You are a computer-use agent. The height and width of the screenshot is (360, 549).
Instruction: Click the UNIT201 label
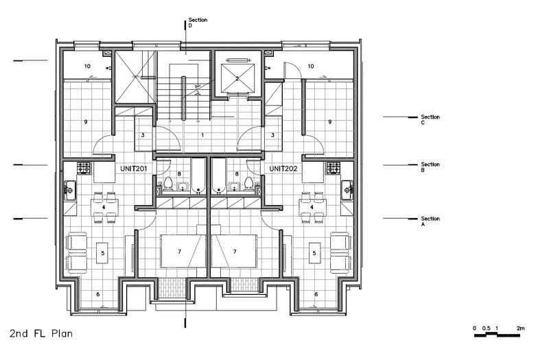(x=133, y=169)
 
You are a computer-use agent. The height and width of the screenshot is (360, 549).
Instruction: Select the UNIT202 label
(x=283, y=169)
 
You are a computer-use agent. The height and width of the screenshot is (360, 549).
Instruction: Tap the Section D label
(x=198, y=23)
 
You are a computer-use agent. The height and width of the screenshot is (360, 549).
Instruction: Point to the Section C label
(x=430, y=119)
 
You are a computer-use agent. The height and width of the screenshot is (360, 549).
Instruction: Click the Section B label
(x=430, y=167)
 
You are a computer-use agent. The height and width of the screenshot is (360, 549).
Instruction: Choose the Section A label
(x=430, y=221)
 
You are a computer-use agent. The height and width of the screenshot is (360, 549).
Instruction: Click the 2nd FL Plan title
(x=41, y=333)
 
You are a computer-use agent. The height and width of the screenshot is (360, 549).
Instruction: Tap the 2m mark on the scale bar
(x=521, y=328)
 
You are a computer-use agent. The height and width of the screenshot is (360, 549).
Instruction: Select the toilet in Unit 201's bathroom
(x=168, y=183)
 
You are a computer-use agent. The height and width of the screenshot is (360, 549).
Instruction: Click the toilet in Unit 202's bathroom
(x=248, y=183)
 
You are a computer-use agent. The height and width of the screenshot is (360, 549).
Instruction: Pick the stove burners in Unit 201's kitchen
(x=84, y=167)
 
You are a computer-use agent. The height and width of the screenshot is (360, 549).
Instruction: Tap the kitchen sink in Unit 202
(x=347, y=191)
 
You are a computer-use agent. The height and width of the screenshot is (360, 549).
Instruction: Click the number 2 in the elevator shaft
(x=237, y=78)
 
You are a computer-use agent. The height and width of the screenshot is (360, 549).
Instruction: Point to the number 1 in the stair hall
(x=202, y=134)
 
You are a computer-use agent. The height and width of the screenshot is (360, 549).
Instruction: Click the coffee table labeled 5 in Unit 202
(x=314, y=252)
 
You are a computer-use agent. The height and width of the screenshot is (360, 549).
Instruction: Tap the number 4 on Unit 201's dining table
(x=104, y=207)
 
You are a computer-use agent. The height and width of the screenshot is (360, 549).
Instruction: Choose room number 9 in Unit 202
(x=329, y=122)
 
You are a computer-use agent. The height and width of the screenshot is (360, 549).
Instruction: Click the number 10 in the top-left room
(x=87, y=66)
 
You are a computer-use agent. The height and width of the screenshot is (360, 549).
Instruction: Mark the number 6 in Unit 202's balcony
(x=316, y=294)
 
